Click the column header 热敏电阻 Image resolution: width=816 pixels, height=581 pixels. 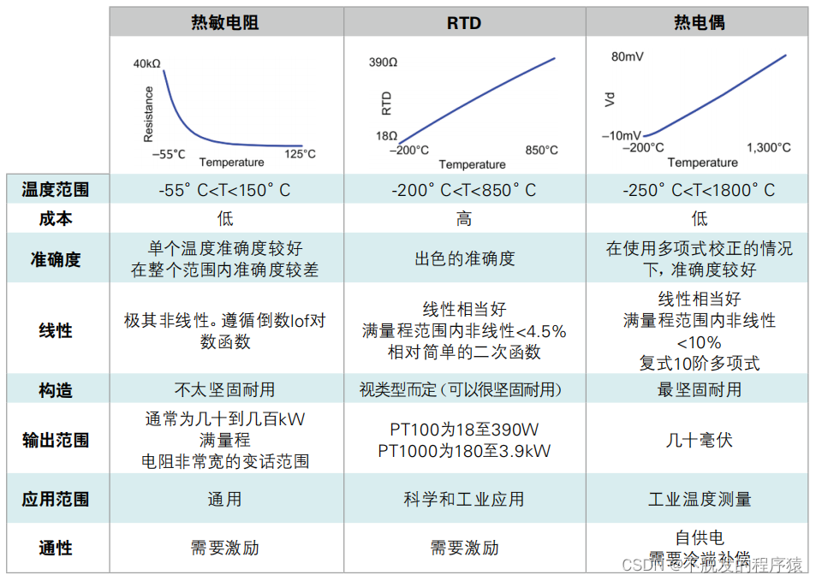click(225, 22)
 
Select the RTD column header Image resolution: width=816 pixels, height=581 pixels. click(464, 22)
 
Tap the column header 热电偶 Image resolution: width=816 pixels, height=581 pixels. click(700, 22)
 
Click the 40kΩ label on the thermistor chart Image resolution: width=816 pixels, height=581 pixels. click(147, 64)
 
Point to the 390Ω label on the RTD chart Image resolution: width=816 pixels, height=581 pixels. click(384, 62)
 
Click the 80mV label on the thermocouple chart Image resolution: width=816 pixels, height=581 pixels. click(628, 57)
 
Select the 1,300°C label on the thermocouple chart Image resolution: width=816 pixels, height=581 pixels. click(768, 147)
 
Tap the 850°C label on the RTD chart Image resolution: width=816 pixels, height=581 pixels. click(541, 150)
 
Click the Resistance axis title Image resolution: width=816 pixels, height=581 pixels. click(148, 114)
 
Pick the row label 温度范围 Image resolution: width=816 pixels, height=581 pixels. click(56, 190)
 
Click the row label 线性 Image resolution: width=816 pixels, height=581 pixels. click(56, 330)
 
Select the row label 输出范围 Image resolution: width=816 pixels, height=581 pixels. click(56, 441)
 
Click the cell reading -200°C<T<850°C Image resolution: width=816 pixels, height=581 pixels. click(463, 190)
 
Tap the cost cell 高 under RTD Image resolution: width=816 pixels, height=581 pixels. click(463, 219)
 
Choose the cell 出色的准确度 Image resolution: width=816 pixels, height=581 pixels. click(464, 258)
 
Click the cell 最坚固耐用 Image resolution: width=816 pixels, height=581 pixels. click(700, 389)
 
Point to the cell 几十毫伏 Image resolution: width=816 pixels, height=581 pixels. click(700, 441)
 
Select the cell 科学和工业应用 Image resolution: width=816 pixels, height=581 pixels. click(464, 499)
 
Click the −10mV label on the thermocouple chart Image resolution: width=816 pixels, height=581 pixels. click(621, 136)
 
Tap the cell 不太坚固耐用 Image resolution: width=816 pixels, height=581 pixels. click(225, 389)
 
